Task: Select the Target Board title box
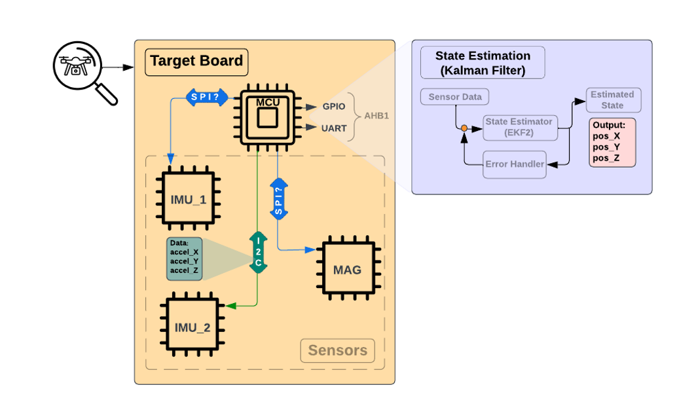pyautogui.click(x=196, y=62)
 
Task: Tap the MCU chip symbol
pyautogui.click(x=266, y=117)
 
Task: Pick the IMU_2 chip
pyautogui.click(x=193, y=327)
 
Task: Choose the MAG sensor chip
pyautogui.click(x=347, y=269)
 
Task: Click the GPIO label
pyautogui.click(x=334, y=107)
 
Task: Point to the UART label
pyautogui.click(x=334, y=128)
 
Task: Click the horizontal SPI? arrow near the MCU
pyautogui.click(x=208, y=98)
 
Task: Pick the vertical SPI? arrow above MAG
pyautogui.click(x=278, y=198)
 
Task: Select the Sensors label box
pyautogui.click(x=337, y=350)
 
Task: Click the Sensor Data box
pyautogui.click(x=454, y=97)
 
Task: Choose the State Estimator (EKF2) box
pyautogui.click(x=519, y=127)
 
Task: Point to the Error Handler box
pyautogui.click(x=514, y=164)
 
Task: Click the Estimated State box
pyautogui.click(x=612, y=100)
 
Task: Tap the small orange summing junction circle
pyautogui.click(x=464, y=128)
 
